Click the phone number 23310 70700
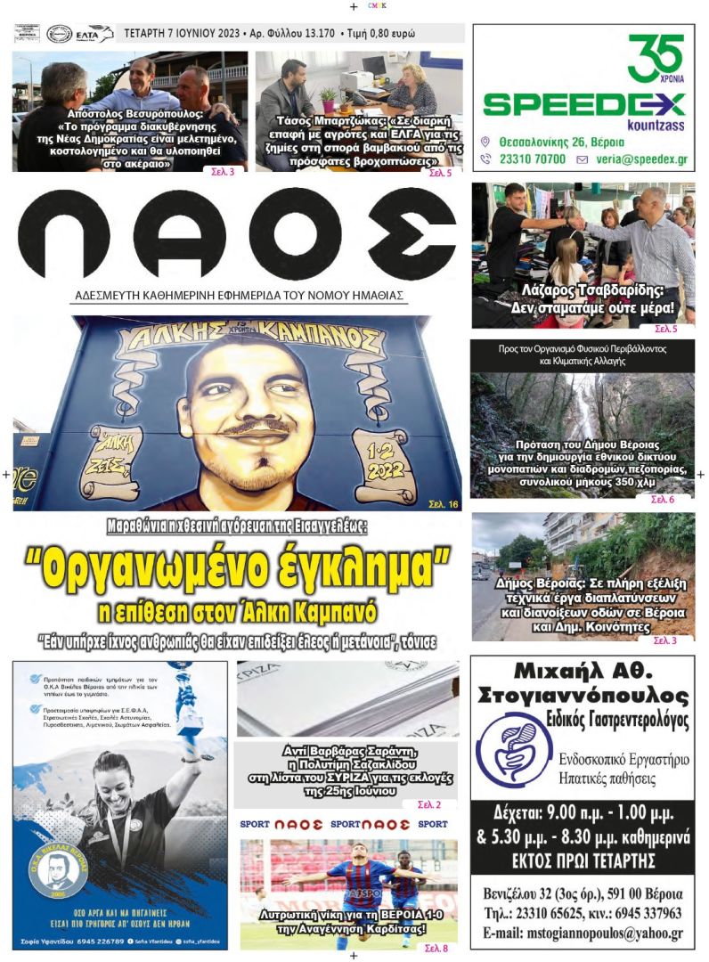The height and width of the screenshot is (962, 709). tap(531, 159)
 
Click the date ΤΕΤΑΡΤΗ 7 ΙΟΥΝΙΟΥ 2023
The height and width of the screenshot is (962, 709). tap(183, 34)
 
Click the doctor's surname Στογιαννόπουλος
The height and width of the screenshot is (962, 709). tap(583, 695)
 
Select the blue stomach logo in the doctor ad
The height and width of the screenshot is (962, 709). tap(514, 747)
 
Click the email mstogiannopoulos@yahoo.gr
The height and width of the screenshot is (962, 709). tap(583, 934)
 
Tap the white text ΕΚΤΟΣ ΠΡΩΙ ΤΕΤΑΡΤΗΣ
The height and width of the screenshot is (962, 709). tap(583, 860)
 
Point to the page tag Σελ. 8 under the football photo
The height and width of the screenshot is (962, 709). tap(436, 949)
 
